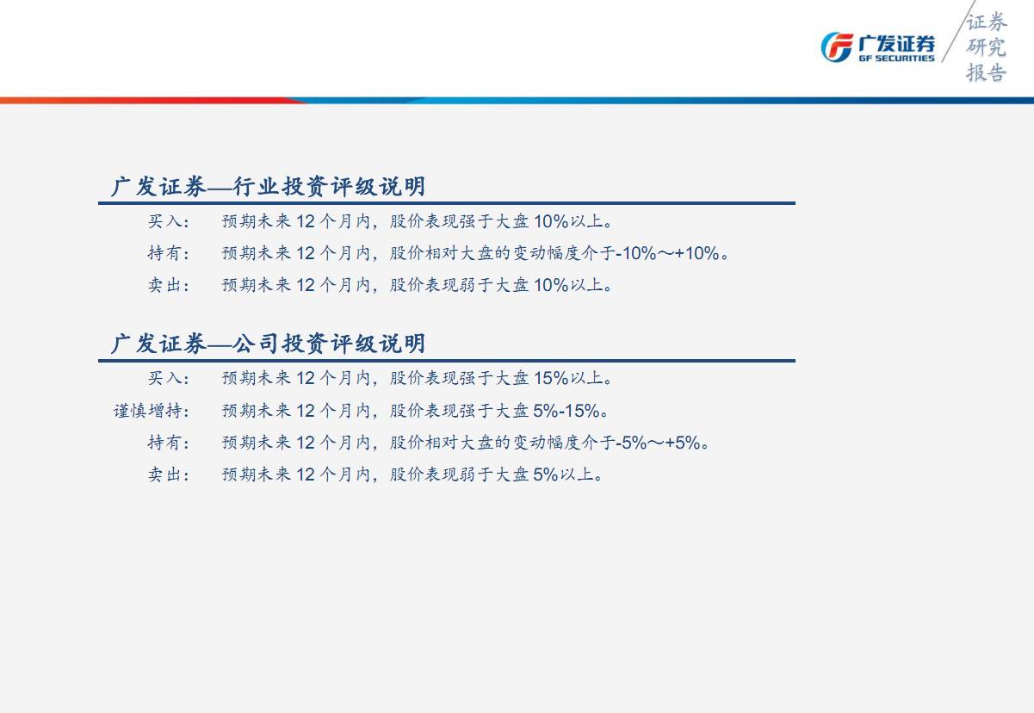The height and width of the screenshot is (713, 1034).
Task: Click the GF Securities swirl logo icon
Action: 837,46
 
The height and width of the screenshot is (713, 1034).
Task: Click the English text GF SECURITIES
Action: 896,59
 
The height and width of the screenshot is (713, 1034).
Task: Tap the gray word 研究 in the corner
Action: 986,47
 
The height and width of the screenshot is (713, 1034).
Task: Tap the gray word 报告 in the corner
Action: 986,72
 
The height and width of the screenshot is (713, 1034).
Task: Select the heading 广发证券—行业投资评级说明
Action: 268,187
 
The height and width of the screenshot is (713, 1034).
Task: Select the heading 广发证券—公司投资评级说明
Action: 268,344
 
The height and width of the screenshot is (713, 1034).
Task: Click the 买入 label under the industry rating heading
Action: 168,221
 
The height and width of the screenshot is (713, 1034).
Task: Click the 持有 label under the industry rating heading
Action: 168,253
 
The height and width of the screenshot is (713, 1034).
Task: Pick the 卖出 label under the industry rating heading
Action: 168,285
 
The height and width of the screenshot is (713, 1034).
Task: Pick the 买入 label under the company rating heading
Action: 168,378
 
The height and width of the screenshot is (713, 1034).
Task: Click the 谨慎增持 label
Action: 151,411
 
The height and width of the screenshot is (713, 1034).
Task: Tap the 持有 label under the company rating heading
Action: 168,443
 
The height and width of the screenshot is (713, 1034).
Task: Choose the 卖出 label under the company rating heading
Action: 168,474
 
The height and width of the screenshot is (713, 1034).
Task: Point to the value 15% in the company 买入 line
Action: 551,378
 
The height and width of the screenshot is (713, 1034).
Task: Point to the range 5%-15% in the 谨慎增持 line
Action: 567,411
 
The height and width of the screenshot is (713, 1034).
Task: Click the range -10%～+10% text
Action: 668,253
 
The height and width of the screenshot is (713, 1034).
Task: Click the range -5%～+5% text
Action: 659,443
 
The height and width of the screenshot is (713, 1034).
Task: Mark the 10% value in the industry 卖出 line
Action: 551,285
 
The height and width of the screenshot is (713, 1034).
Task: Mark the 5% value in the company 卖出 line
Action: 546,474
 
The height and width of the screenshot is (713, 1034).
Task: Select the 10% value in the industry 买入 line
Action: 551,221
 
